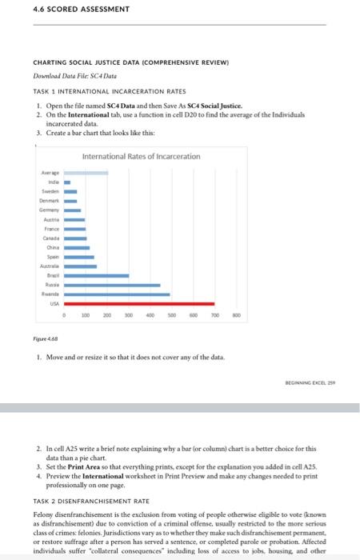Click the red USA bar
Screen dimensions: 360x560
pyautogui.click(x=139, y=304)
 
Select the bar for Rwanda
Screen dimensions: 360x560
pyautogui.click(x=117, y=294)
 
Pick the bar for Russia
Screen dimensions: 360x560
pyautogui.click(x=112, y=285)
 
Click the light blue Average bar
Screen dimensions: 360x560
pyautogui.click(x=86, y=172)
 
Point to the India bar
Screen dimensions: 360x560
pyautogui.click(x=68, y=182)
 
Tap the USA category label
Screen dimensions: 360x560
pyautogui.click(x=54, y=304)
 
